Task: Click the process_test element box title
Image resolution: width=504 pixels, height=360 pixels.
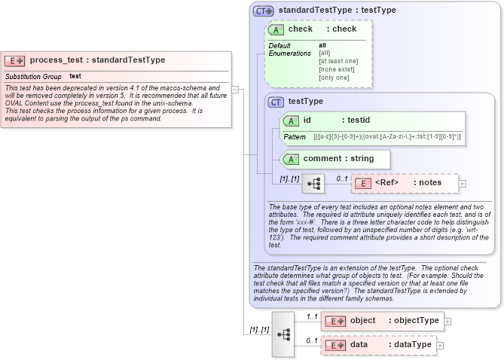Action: click(97, 60)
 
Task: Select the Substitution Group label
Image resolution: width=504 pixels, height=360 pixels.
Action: click(33, 76)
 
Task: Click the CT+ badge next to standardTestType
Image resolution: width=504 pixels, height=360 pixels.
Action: click(263, 11)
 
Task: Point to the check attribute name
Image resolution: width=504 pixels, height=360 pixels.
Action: click(300, 29)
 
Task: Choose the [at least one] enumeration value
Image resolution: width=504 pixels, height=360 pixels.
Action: click(338, 61)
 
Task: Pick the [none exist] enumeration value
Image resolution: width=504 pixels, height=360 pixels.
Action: click(336, 69)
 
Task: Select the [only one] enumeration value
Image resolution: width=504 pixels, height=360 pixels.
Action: click(334, 78)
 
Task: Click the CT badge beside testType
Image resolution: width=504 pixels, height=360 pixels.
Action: click(276, 102)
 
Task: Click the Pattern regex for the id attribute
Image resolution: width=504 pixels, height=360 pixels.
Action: click(387, 136)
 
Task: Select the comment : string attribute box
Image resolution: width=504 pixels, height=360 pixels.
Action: click(335, 159)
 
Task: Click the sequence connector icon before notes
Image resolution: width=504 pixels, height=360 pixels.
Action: click(313, 183)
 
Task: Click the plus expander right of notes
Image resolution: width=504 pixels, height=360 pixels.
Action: click(463, 183)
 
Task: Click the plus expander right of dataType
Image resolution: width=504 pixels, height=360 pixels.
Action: click(441, 345)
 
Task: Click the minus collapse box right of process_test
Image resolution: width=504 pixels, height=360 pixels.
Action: click(235, 89)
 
